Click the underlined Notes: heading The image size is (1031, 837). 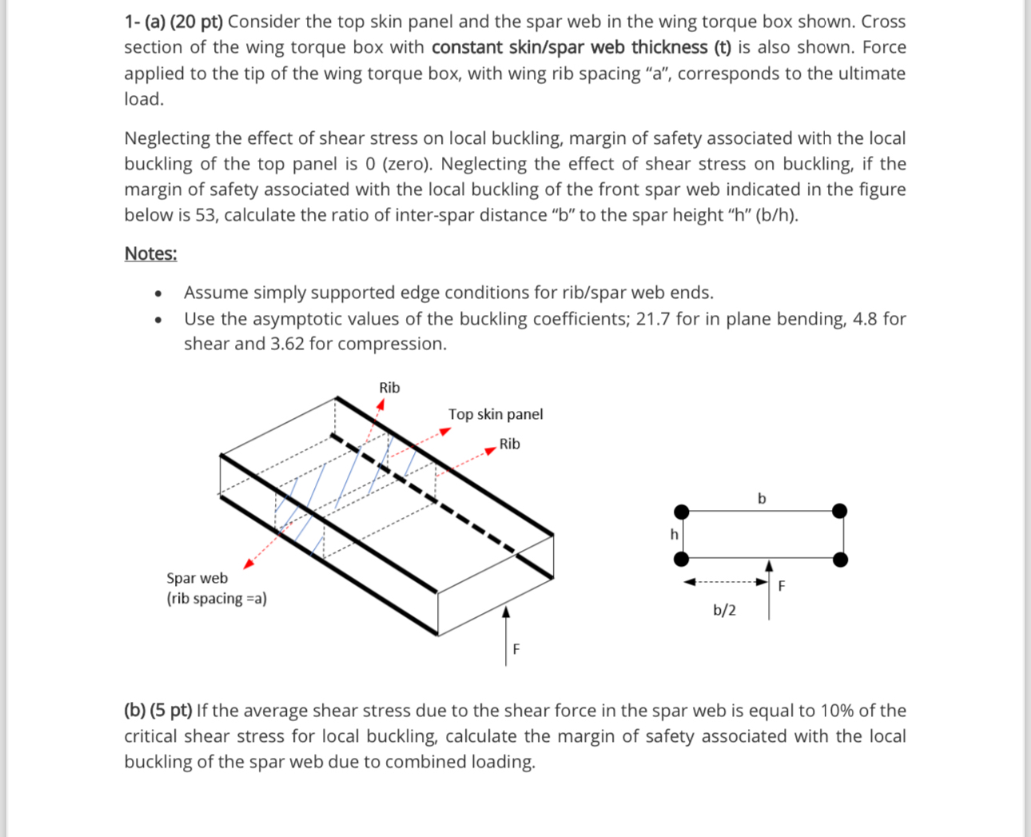click(150, 253)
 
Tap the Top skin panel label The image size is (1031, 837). click(495, 414)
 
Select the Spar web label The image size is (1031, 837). click(197, 578)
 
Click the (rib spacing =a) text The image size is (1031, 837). click(217, 599)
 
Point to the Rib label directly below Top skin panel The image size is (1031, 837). click(509, 444)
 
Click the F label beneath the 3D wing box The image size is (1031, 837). click(515, 649)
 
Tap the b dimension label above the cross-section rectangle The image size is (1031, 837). click(761, 499)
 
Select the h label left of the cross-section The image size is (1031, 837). click(674, 534)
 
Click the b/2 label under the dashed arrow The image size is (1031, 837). click(724, 611)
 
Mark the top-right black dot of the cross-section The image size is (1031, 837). click(839, 511)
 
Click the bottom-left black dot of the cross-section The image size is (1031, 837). click(681, 559)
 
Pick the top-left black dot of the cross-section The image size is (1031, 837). click(681, 512)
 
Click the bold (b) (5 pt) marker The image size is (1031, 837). click(157, 711)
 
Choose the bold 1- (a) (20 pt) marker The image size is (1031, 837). click(173, 22)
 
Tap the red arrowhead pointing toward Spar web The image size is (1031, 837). click(249, 564)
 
